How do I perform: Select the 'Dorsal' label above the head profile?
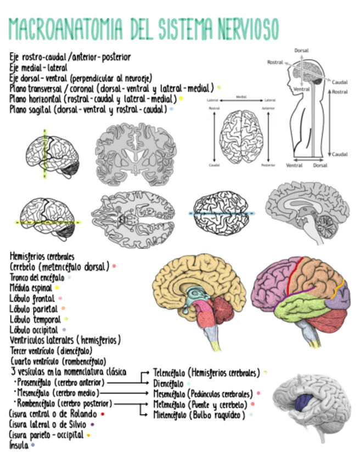point(301,50)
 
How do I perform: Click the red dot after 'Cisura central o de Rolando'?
point(103,413)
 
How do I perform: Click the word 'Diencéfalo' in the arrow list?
point(168,383)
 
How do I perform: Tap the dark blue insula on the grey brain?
point(303,403)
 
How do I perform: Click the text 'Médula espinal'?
point(31,287)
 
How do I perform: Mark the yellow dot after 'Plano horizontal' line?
point(181,99)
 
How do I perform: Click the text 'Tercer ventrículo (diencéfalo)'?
point(51,350)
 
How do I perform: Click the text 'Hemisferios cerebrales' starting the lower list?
point(42,256)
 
